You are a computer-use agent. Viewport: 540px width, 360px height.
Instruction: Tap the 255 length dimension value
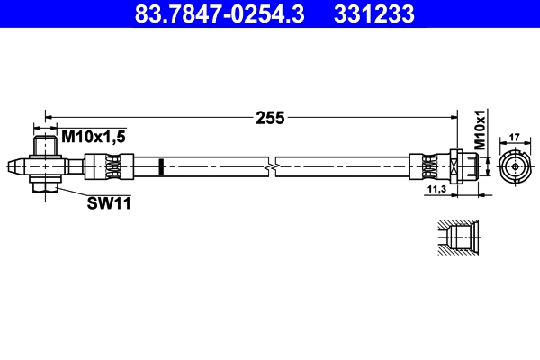coord(269,117)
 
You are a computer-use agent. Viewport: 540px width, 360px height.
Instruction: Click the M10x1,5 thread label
coord(93,136)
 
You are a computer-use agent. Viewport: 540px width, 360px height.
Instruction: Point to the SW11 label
coord(109,203)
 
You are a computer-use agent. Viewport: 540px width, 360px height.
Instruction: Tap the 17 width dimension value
coord(515,138)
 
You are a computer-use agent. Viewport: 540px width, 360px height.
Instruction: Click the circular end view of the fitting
coord(515,167)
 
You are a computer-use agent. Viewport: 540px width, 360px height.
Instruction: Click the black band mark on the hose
coord(159,167)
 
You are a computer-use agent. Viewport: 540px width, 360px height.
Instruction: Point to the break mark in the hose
coord(270,167)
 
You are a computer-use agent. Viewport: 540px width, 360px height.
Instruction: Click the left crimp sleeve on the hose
coord(107,167)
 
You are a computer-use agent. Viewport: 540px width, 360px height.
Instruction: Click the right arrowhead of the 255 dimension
coord(455,117)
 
